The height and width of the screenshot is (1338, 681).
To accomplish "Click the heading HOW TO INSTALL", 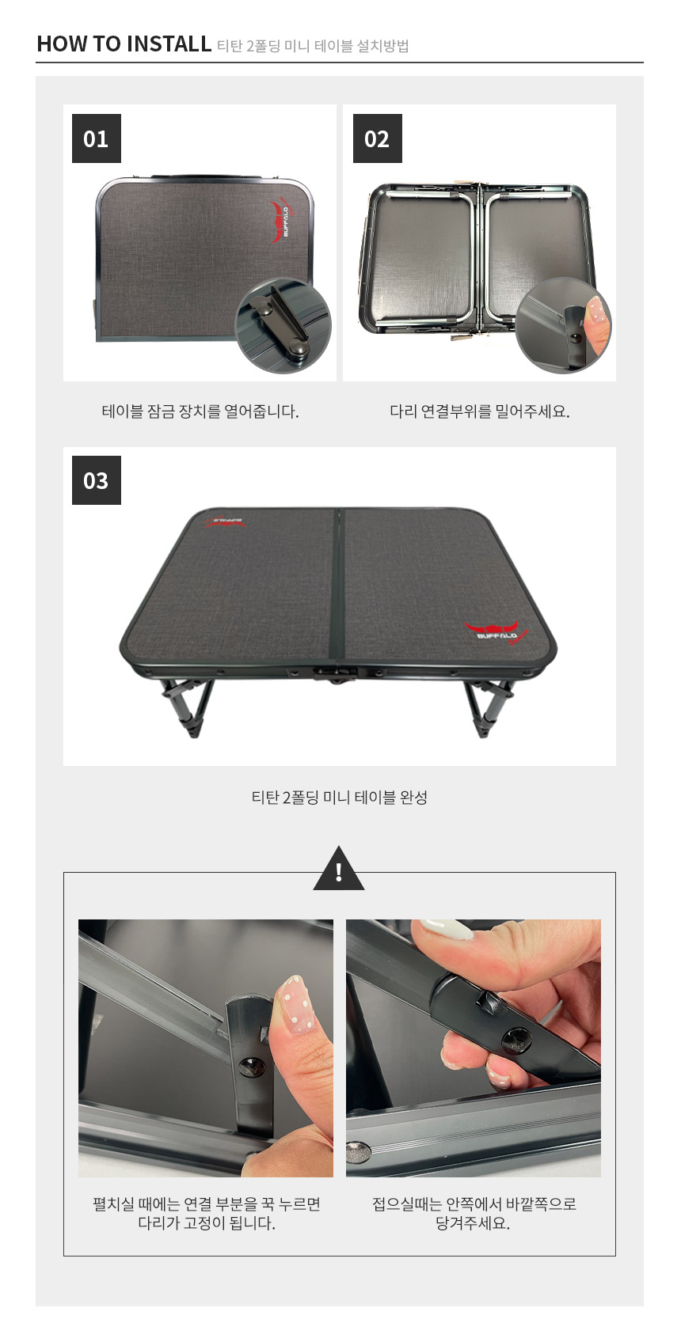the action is click(x=124, y=44).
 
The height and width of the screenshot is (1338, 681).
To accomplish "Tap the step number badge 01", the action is click(x=97, y=138).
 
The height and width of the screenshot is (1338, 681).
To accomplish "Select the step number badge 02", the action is click(x=377, y=138).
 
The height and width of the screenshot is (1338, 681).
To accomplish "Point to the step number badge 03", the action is click(x=97, y=480).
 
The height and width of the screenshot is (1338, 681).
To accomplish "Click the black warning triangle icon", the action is click(x=338, y=870).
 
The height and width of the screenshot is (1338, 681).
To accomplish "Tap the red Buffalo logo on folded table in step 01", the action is click(x=283, y=222).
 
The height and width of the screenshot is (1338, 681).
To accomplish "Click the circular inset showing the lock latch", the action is click(x=283, y=325).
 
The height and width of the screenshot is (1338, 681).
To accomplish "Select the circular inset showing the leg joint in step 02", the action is click(x=563, y=325).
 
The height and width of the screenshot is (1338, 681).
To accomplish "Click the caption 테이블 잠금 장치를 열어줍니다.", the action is click(x=200, y=411).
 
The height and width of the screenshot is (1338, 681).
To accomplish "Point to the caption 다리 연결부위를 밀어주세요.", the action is click(x=480, y=411).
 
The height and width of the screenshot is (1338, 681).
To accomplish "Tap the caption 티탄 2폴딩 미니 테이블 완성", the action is click(x=339, y=797).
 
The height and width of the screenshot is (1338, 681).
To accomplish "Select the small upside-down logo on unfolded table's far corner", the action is click(x=223, y=521).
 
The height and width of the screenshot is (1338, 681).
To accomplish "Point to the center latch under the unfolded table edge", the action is click(x=335, y=675).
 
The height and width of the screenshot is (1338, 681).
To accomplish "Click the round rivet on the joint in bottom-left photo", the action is click(x=251, y=1067).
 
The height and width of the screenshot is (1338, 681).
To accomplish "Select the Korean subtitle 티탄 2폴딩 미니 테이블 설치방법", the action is click(x=313, y=45).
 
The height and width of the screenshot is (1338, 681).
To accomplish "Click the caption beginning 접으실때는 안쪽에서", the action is click(x=474, y=1212).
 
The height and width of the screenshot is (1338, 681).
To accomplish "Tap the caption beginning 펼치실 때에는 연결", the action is click(x=206, y=1212).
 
